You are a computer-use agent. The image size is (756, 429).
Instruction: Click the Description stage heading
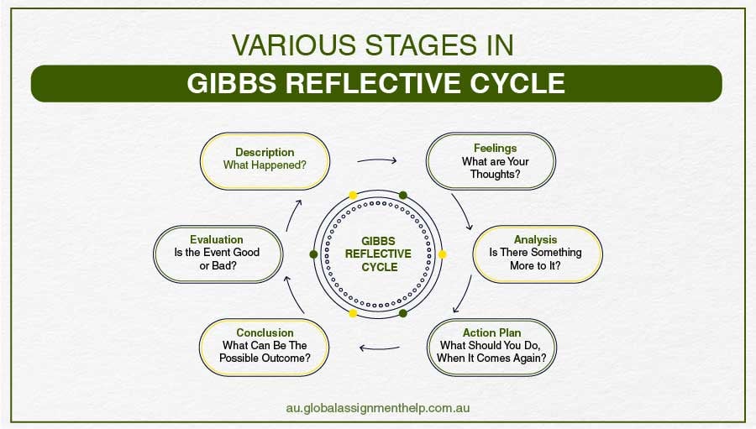pos(265,152)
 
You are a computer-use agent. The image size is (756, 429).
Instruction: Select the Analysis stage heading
pos(535,239)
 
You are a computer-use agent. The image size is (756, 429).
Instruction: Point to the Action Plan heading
pos(491,332)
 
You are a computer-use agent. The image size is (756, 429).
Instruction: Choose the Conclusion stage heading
pos(265,332)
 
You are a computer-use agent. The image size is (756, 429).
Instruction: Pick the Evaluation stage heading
pos(216,239)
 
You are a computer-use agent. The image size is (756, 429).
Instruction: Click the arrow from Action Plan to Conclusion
pos(379,347)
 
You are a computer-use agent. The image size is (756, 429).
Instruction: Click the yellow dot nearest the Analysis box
pos(443,254)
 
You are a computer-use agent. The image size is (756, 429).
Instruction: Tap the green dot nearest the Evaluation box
pos(313,254)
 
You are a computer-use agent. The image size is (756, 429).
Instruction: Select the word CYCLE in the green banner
pos(517,84)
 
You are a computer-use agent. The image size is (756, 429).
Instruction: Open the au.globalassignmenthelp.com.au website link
pos(378,407)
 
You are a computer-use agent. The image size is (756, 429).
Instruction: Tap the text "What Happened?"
pos(265,165)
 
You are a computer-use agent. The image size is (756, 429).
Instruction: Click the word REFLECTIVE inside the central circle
pos(378,254)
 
